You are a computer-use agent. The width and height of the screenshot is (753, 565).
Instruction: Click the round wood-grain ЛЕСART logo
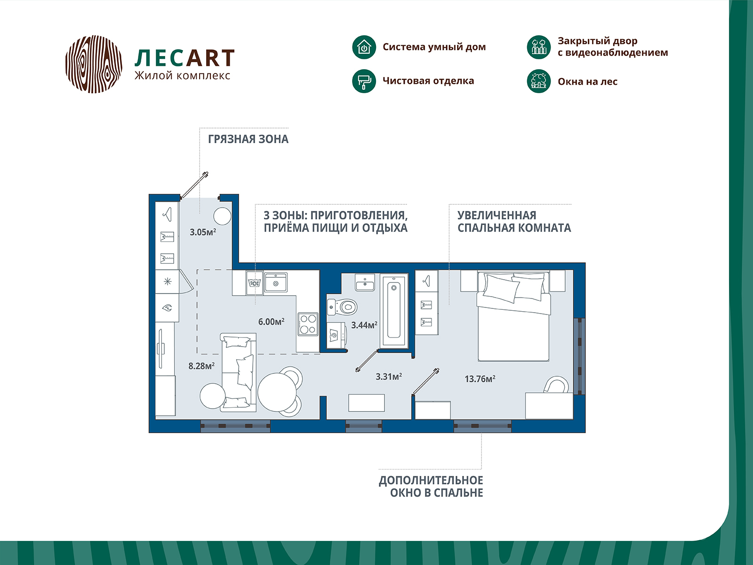pyautogui.click(x=94, y=64)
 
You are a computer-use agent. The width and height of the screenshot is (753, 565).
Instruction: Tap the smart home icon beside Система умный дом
pyautogui.click(x=364, y=47)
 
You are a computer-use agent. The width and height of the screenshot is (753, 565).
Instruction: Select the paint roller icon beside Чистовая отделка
pyautogui.click(x=364, y=81)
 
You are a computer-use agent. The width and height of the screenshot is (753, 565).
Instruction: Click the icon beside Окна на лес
pyautogui.click(x=538, y=81)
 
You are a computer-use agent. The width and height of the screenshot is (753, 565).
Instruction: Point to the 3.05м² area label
pyautogui.click(x=203, y=232)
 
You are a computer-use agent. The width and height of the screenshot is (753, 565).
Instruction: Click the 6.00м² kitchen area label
pyautogui.click(x=271, y=322)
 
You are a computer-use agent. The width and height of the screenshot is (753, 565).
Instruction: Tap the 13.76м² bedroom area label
pyautogui.click(x=480, y=379)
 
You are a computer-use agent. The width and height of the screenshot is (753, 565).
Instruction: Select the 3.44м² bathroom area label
pyautogui.click(x=364, y=325)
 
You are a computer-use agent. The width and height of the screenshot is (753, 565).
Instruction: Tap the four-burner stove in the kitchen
pyautogui.click(x=308, y=324)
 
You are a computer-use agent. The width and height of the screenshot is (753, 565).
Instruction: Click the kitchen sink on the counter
pyautogui.click(x=276, y=283)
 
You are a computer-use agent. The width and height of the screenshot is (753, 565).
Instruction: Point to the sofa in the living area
pyautogui.click(x=239, y=372)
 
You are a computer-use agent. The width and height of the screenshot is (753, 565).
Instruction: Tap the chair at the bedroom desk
pyautogui.click(x=556, y=385)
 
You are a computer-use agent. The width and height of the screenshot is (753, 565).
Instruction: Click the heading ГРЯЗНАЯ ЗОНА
pyautogui.click(x=248, y=139)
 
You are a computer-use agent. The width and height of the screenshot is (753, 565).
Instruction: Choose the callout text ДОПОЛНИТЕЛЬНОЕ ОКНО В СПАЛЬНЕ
pyautogui.click(x=431, y=486)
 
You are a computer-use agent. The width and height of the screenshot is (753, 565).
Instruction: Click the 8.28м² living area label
pyautogui.click(x=201, y=366)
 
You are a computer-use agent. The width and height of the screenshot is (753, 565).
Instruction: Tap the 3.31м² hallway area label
pyautogui.click(x=388, y=377)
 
